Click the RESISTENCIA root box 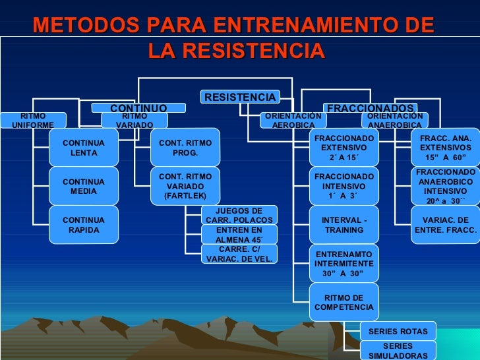240,98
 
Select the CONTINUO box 138,107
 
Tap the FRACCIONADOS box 371,107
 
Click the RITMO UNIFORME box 33,121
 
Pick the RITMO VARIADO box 135,121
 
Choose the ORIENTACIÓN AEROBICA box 293,121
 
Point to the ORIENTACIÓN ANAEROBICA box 395,121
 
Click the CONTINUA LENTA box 84,148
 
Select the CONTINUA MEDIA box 84,186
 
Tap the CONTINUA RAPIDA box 84,225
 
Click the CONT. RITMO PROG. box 185,148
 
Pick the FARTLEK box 185,186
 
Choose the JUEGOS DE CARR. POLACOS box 239,215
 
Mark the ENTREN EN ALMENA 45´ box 239,235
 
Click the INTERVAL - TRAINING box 344,225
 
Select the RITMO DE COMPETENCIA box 344,302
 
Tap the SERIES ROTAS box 398,331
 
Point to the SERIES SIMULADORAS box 398,351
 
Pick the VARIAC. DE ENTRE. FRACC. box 445,225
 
